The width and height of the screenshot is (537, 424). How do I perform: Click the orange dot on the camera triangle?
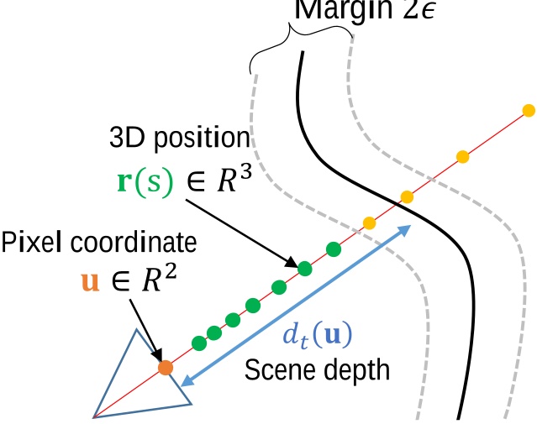[166, 367]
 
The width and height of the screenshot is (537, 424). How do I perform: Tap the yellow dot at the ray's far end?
[529, 110]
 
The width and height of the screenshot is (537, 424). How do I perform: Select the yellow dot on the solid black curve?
[407, 196]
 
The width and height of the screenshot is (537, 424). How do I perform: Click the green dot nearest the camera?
[199, 343]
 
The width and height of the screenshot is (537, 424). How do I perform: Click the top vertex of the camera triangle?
[134, 329]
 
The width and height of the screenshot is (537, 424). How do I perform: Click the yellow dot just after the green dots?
[368, 222]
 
